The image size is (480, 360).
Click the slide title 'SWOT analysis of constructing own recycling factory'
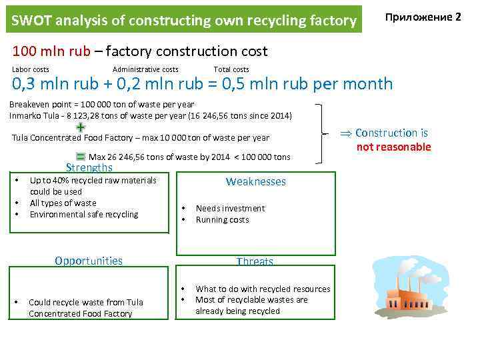point(184,21)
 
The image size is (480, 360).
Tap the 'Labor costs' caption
point(31,69)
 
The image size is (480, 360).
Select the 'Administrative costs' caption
point(145,69)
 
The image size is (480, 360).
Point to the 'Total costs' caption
point(231,69)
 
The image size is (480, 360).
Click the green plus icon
point(80,127)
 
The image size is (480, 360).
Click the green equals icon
point(80,156)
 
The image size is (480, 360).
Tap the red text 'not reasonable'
point(393,147)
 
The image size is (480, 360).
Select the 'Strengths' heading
point(89,167)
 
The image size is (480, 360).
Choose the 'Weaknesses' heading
point(255,181)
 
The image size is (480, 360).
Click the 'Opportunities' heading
point(89,261)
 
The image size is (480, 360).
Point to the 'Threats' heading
point(255,262)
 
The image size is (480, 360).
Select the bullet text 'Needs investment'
point(230,208)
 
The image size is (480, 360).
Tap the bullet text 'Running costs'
point(222,219)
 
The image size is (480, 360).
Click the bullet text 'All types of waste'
point(63,203)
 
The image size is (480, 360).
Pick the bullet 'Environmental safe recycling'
point(84,214)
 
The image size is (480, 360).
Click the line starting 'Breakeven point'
point(101,104)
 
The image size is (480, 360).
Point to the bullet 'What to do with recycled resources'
point(262,289)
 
